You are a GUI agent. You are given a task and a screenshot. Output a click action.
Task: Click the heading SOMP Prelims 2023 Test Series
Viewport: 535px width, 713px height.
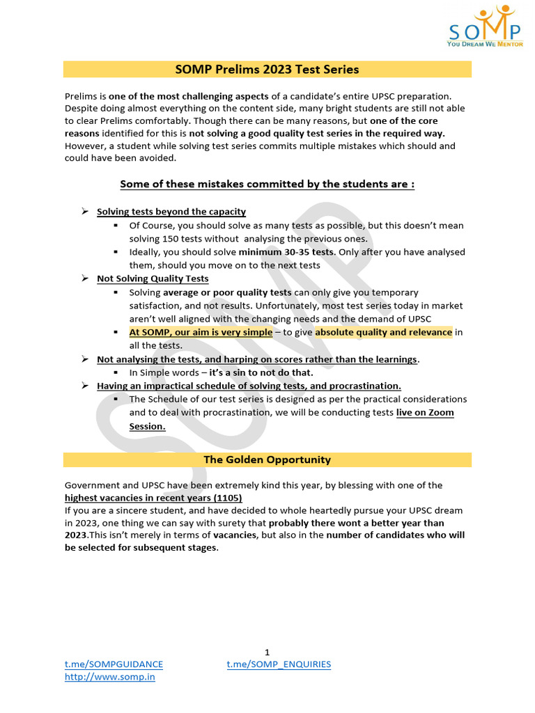[267, 70]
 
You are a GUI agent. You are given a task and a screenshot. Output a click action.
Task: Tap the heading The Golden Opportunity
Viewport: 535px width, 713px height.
[267, 460]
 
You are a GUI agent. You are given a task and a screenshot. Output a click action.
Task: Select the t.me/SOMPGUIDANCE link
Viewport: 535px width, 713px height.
[114, 664]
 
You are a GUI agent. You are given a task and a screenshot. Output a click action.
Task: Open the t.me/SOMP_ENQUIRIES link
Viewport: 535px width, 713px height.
[279, 664]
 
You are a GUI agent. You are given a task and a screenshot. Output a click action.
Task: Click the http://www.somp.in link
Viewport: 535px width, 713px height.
[109, 677]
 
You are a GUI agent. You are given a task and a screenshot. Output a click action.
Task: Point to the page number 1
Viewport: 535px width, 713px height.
[267, 652]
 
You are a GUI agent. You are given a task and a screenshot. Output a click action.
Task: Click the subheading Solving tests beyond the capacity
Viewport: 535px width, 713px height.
[171, 212]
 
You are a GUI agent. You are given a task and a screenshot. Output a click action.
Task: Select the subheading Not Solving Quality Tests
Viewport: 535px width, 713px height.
[153, 279]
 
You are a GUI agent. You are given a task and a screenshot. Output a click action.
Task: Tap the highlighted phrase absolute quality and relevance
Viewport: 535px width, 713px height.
[383, 332]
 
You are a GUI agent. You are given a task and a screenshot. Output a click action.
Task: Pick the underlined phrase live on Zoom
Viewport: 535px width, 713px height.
[425, 413]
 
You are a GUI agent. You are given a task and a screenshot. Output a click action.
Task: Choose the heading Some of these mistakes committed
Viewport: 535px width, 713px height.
[267, 185]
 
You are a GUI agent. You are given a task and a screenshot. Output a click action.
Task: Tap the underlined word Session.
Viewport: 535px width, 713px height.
[147, 426]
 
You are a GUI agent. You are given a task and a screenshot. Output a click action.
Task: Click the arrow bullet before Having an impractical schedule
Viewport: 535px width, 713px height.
[85, 386]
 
